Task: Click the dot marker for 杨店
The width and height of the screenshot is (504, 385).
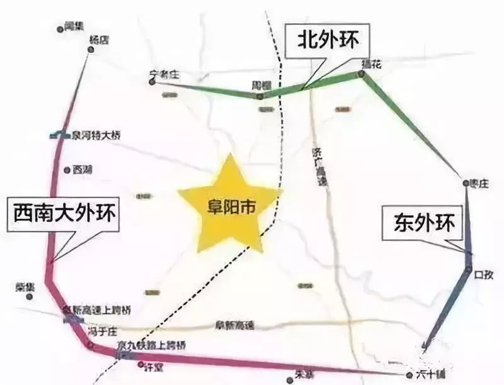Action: (90, 48)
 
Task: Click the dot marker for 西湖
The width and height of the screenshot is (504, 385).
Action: (67, 169)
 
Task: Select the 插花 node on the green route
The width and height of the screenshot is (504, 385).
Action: (362, 74)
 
